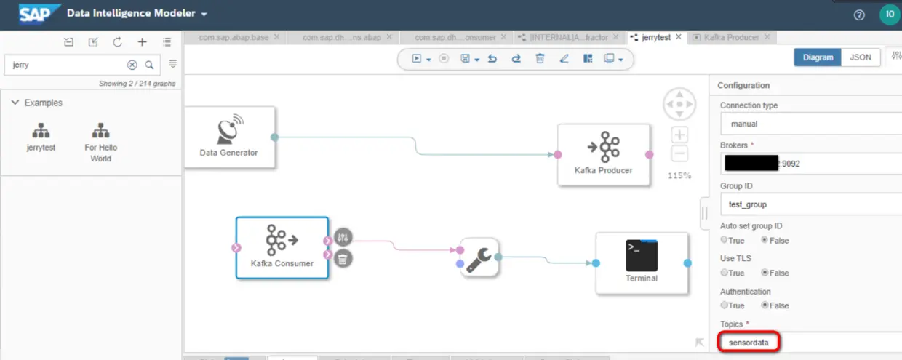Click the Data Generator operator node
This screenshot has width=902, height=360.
[229, 137]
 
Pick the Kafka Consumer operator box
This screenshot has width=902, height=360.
[282, 247]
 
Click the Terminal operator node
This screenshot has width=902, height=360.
[641, 263]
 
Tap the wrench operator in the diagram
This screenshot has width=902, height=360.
[479, 257]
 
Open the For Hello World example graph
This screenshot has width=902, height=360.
[100, 141]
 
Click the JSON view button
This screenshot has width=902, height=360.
[860, 57]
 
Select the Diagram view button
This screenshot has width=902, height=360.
[817, 57]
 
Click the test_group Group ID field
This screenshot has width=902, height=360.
[807, 204]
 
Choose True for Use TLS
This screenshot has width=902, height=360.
[725, 273]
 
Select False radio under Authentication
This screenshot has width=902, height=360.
[765, 305]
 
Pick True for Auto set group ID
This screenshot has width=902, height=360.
[725, 240]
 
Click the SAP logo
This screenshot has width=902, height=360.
[33, 14]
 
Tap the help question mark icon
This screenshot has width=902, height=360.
[859, 15]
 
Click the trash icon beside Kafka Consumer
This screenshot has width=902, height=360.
[343, 257]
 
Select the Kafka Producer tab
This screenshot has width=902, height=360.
[730, 37]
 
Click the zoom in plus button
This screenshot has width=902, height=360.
[679, 135]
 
